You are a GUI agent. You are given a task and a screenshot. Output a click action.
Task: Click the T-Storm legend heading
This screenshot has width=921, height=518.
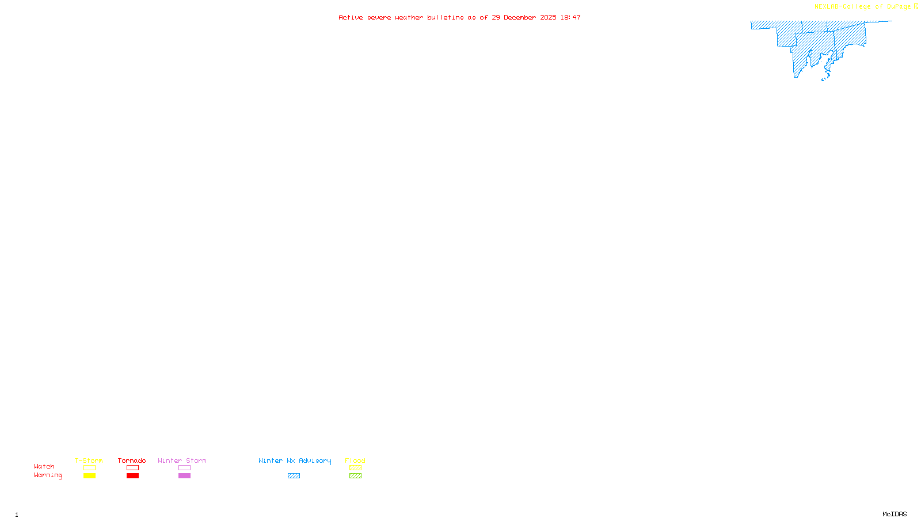click(89, 460)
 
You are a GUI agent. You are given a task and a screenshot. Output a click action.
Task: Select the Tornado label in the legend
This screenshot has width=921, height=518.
click(132, 460)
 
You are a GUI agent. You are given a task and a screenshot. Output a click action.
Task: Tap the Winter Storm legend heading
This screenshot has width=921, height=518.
click(182, 460)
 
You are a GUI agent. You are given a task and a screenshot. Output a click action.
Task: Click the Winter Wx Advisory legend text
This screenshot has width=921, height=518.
click(295, 460)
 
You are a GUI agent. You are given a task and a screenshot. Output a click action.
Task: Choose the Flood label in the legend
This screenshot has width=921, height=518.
click(355, 460)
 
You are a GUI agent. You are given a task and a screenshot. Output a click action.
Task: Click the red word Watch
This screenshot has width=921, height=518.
click(44, 466)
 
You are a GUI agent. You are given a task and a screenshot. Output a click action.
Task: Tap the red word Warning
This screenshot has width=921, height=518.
click(48, 475)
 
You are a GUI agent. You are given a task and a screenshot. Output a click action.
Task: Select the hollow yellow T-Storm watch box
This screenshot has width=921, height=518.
click(89, 468)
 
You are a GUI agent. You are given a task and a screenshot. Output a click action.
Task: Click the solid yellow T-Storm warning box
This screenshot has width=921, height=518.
click(89, 476)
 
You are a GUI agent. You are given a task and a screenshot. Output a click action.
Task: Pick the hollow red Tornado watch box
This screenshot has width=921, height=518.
click(132, 468)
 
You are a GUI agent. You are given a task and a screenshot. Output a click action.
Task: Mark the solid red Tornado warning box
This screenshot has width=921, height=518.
click(132, 476)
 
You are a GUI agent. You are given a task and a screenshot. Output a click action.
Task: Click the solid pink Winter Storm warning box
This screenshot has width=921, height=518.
click(184, 476)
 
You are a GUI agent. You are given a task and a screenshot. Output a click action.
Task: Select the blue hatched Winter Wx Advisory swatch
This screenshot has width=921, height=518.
click(294, 476)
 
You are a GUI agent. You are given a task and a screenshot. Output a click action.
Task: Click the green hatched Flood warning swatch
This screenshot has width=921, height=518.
click(355, 476)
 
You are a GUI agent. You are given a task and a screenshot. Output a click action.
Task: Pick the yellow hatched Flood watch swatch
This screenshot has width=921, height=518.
click(355, 468)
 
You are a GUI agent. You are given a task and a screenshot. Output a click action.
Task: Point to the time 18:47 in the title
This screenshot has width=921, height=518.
click(570, 17)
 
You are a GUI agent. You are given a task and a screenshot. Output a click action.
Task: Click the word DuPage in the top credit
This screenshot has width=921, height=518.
click(899, 6)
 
